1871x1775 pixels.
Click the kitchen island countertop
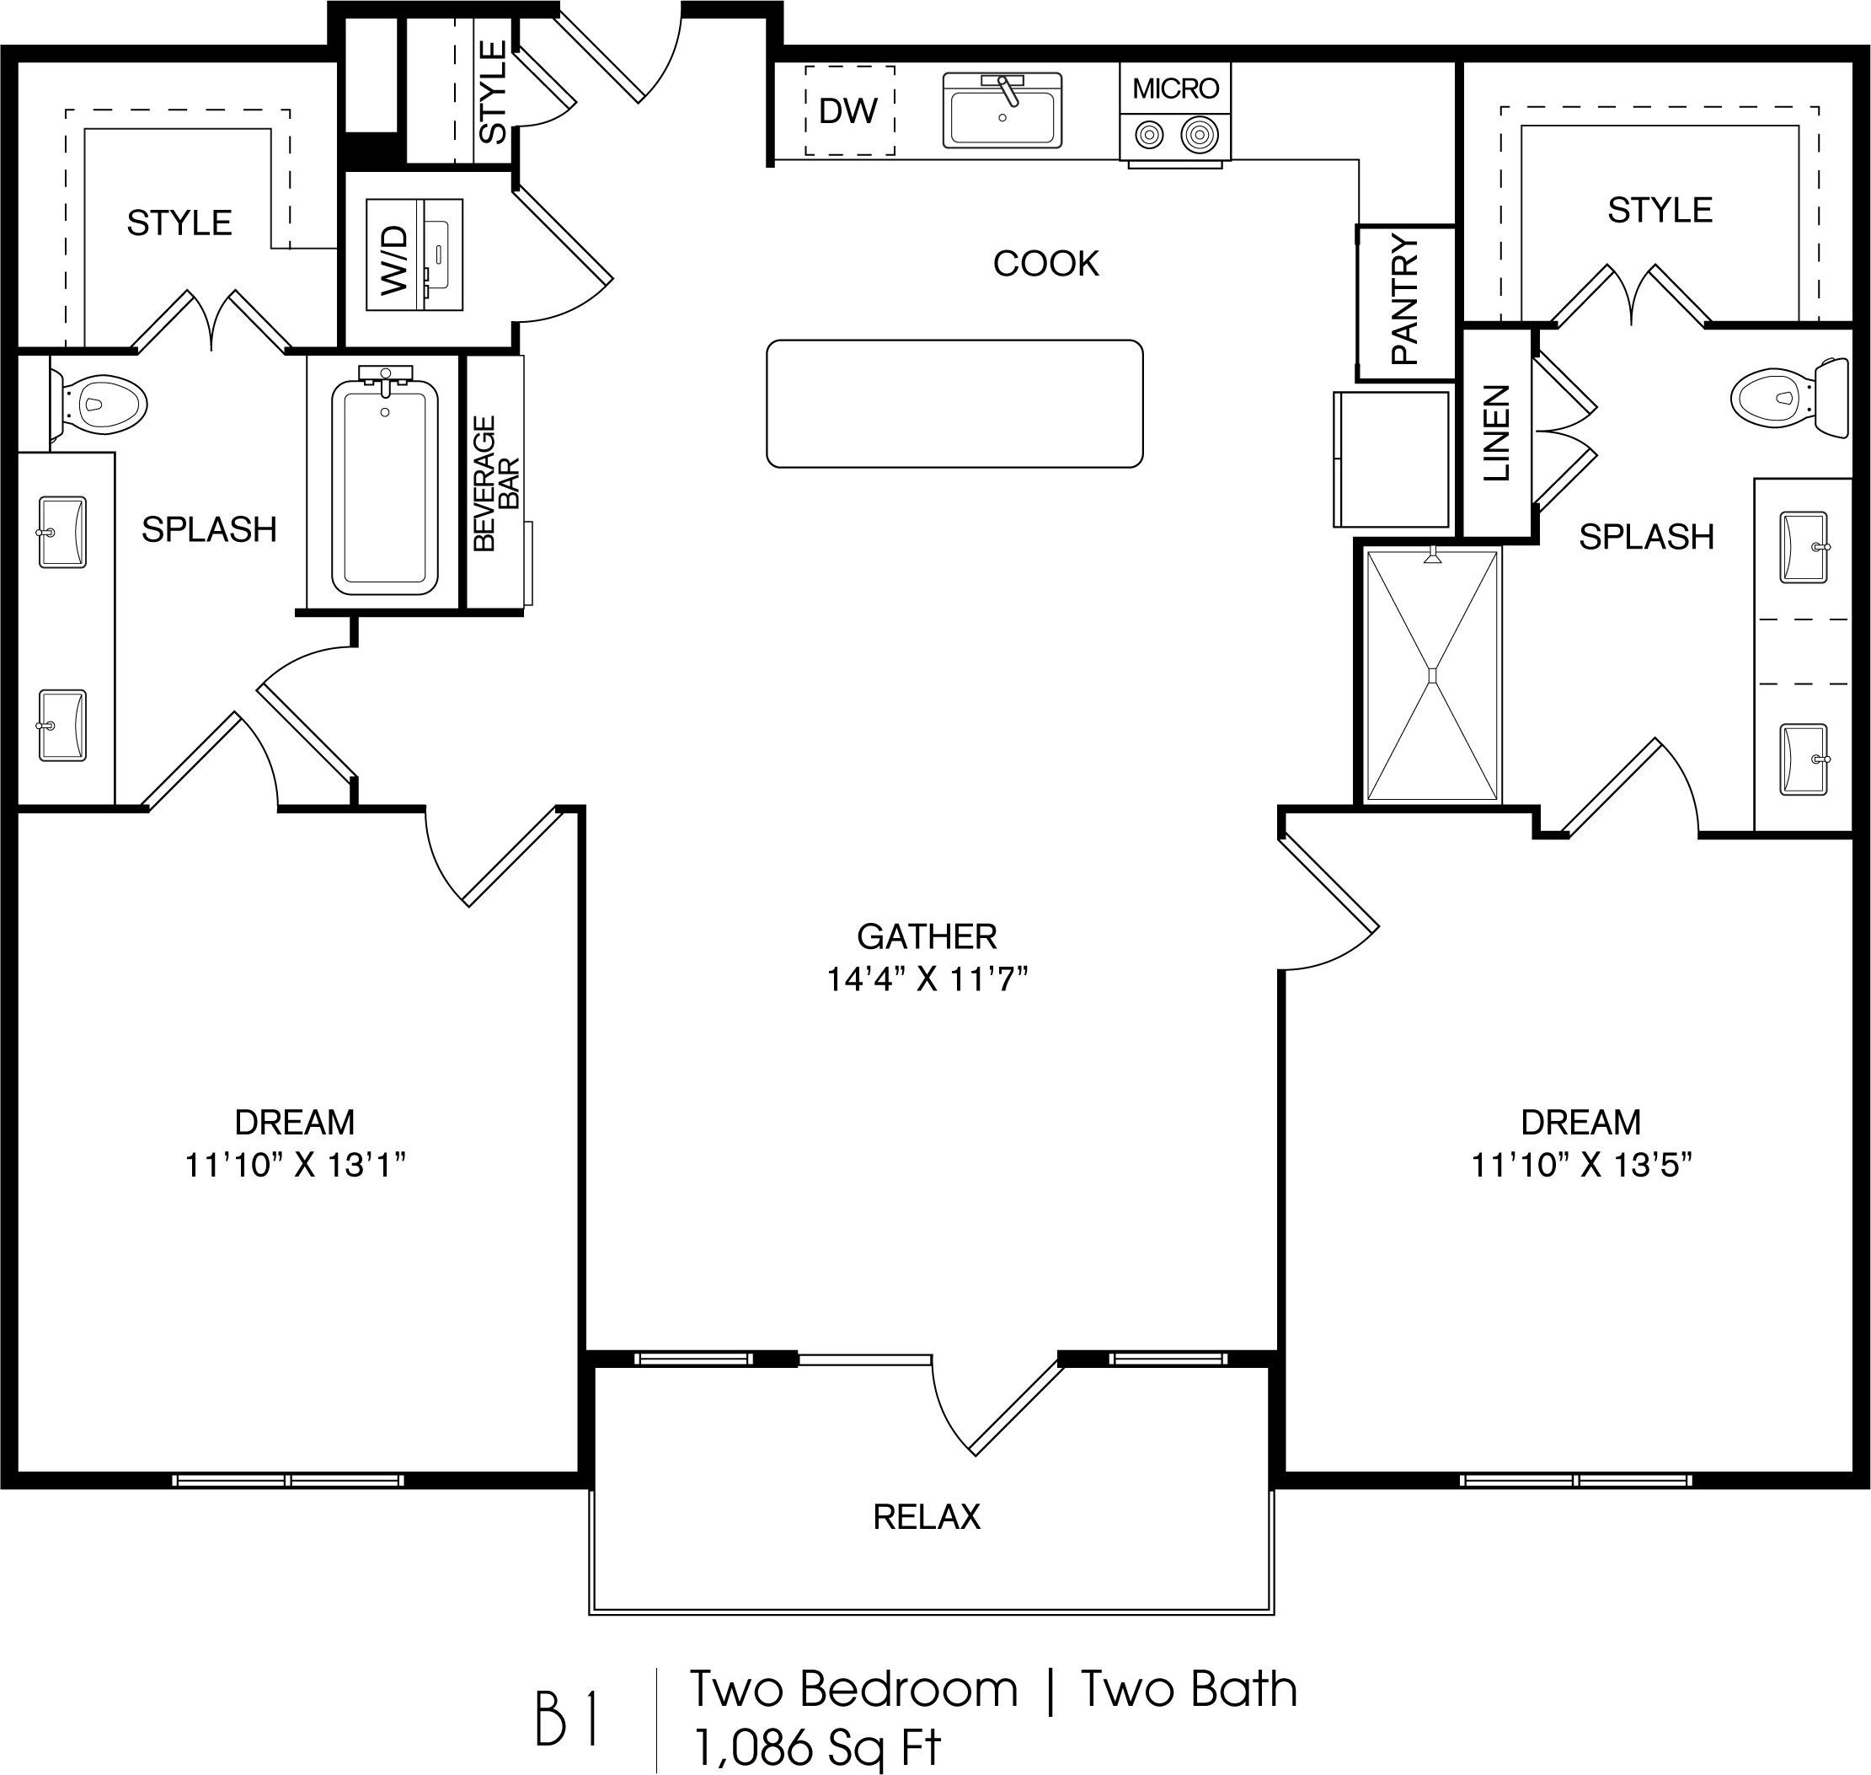pyautogui.click(x=954, y=404)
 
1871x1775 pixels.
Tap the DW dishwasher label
pyautogui.click(x=848, y=111)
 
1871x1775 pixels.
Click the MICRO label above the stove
pyautogui.click(x=1176, y=89)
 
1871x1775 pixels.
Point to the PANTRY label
pyautogui.click(x=1406, y=300)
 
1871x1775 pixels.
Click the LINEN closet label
pyautogui.click(x=1496, y=433)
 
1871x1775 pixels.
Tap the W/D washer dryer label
pyautogui.click(x=394, y=260)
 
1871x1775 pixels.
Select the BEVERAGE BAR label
pyautogui.click(x=496, y=484)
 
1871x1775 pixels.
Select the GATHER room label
pyautogui.click(x=927, y=936)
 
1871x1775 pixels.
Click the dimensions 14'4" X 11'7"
pyautogui.click(x=927, y=979)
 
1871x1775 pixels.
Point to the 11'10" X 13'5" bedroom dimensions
pyautogui.click(x=1581, y=1165)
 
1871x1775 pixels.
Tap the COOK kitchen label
pyautogui.click(x=1046, y=264)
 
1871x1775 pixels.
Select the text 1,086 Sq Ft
pyautogui.click(x=818, y=1746)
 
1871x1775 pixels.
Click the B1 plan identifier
pyautogui.click(x=567, y=1719)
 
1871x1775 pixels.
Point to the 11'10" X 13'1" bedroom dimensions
pyautogui.click(x=295, y=1165)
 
